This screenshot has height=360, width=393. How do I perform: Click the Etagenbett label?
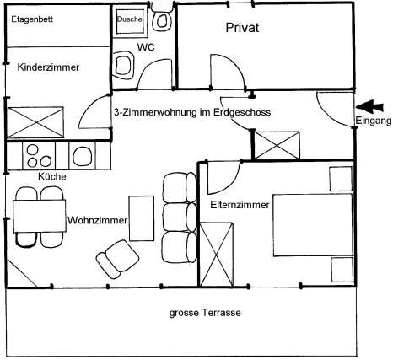[32, 19]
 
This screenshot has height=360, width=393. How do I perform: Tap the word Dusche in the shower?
[130, 19]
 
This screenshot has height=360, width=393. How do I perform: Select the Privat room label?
[242, 28]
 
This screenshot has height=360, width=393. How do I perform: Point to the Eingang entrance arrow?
[369, 107]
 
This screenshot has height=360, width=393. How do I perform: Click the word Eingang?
[374, 121]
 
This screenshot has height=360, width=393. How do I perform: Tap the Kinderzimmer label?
[48, 67]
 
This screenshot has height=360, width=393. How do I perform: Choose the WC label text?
[146, 47]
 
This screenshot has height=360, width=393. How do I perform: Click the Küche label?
[52, 176]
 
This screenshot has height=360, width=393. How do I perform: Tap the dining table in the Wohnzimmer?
[40, 216]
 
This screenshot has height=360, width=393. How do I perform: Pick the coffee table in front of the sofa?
[142, 218]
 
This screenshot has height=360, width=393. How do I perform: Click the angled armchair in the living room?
[118, 260]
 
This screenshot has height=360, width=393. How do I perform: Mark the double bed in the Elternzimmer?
[313, 225]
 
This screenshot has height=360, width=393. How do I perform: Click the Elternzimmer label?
[240, 205]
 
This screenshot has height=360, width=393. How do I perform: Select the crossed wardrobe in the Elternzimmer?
[216, 255]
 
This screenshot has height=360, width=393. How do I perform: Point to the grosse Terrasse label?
[205, 313]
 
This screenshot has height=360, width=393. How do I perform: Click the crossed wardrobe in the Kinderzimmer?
[35, 122]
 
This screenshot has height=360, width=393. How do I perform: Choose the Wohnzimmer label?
[97, 220]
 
